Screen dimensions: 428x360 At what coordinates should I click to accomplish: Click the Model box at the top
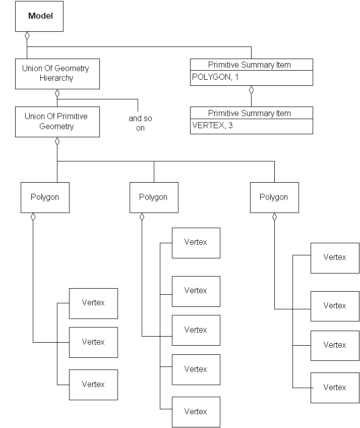pos(40,16)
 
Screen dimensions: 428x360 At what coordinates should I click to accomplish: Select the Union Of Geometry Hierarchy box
pos(57,73)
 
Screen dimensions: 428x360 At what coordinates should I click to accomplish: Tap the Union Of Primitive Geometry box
pos(57,121)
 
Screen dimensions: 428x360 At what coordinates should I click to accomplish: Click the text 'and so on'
pos(140,123)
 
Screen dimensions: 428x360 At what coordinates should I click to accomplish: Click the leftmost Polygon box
pos(45,197)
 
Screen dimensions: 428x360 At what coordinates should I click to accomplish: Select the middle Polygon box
pos(154,197)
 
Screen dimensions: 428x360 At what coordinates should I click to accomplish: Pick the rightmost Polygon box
pos(274,197)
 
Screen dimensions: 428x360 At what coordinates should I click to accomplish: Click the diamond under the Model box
pos(27,36)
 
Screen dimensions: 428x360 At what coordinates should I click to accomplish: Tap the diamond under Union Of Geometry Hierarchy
pos(57,93)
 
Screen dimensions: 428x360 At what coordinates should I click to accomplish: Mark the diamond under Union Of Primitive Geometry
pos(57,141)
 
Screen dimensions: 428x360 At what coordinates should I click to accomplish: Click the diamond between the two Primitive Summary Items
pos(251,90)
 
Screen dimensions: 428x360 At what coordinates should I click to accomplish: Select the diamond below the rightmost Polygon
pos(274,217)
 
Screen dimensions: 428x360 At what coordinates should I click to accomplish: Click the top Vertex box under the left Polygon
pos(93,303)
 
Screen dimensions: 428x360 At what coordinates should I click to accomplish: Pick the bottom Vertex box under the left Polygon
pos(93,385)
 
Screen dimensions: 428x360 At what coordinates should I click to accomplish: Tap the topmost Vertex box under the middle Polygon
pos(196,243)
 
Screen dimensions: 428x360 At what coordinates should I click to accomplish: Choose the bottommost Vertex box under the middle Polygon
pos(196,412)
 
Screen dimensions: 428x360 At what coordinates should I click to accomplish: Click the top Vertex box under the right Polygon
pos(335,258)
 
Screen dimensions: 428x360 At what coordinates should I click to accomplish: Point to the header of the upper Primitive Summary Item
pos(251,65)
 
